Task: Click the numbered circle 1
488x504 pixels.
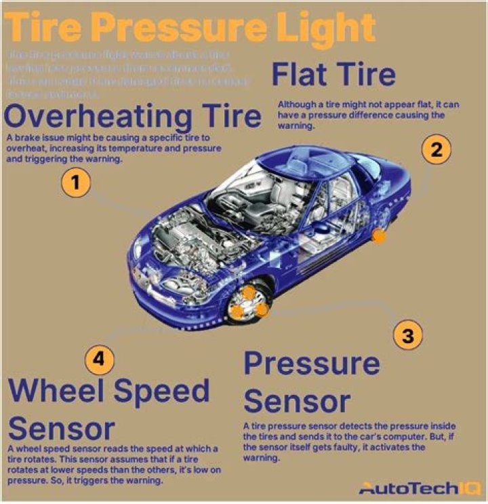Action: pos(76,183)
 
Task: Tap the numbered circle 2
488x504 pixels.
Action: pos(436,150)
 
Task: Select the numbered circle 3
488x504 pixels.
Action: pos(407,335)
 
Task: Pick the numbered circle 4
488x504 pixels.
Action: pos(100,360)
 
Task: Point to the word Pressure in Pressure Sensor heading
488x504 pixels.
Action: pos(311,364)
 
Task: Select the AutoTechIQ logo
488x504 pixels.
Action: pos(420,487)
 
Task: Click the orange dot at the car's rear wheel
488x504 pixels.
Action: pos(379,236)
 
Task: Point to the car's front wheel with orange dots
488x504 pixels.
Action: pos(249,303)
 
